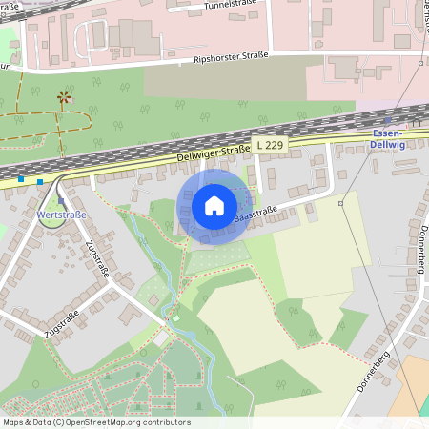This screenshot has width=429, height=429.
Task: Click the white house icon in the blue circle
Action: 214,205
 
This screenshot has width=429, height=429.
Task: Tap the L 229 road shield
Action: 268,144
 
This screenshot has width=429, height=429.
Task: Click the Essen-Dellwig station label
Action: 388,140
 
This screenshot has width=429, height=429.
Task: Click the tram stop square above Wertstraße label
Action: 62,201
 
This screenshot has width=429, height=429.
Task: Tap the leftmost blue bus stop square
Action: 21,178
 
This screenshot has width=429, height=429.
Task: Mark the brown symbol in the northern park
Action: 64,96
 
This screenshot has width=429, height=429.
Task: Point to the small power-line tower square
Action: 340,203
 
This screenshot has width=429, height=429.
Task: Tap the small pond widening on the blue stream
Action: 174,317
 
